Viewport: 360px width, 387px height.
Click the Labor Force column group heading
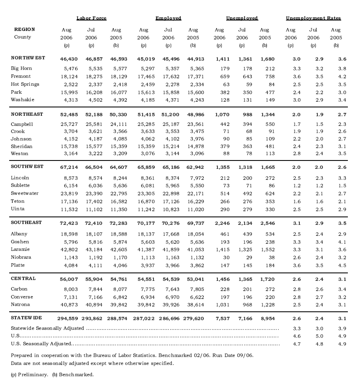click(x=91, y=18)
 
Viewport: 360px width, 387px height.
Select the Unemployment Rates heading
click(x=313, y=18)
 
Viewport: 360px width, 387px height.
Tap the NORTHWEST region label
click(x=28, y=58)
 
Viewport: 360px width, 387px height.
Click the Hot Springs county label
click(x=25, y=84)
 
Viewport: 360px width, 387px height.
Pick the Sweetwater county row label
click(x=25, y=193)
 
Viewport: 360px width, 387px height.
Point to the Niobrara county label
click(x=21, y=257)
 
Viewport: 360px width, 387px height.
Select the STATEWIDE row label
click(x=27, y=318)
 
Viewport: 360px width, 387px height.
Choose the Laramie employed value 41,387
click(x=143, y=250)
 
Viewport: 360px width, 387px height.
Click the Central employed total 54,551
click(x=143, y=279)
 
